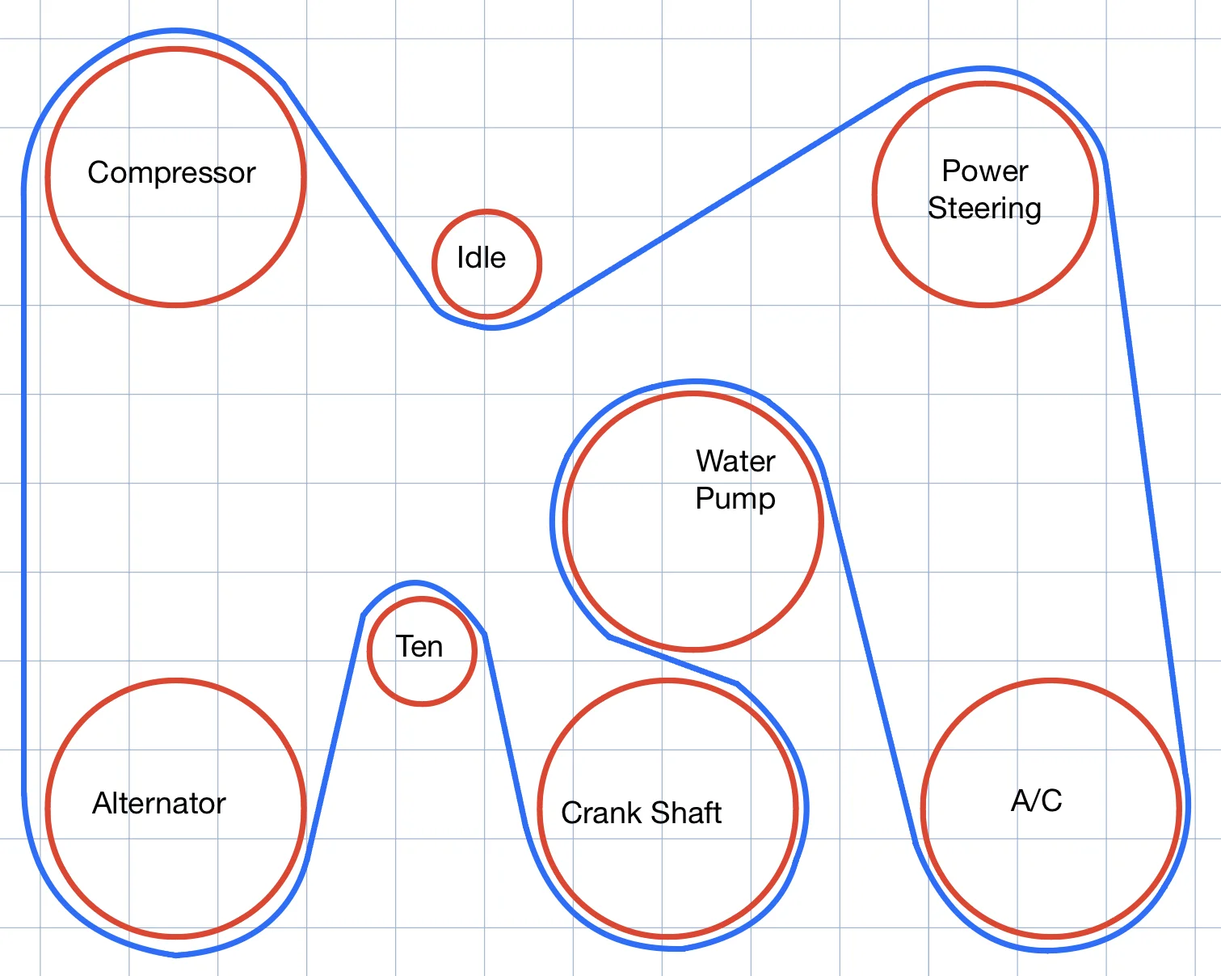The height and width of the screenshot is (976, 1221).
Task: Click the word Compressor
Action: tap(171, 172)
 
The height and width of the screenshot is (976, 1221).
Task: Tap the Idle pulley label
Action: tap(481, 257)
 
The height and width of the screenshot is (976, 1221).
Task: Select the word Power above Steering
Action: tap(985, 171)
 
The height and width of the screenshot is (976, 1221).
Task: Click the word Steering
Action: tap(984, 209)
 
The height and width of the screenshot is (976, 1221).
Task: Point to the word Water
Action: tap(735, 460)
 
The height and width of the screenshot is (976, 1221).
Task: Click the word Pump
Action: tap(735, 499)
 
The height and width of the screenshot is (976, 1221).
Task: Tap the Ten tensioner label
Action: tap(419, 646)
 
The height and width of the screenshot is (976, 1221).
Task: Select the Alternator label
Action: tap(159, 804)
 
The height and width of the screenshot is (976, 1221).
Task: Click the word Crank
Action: tap(602, 813)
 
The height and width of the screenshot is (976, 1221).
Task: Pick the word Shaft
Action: tap(686, 813)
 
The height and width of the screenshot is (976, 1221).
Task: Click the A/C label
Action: tap(1036, 801)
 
